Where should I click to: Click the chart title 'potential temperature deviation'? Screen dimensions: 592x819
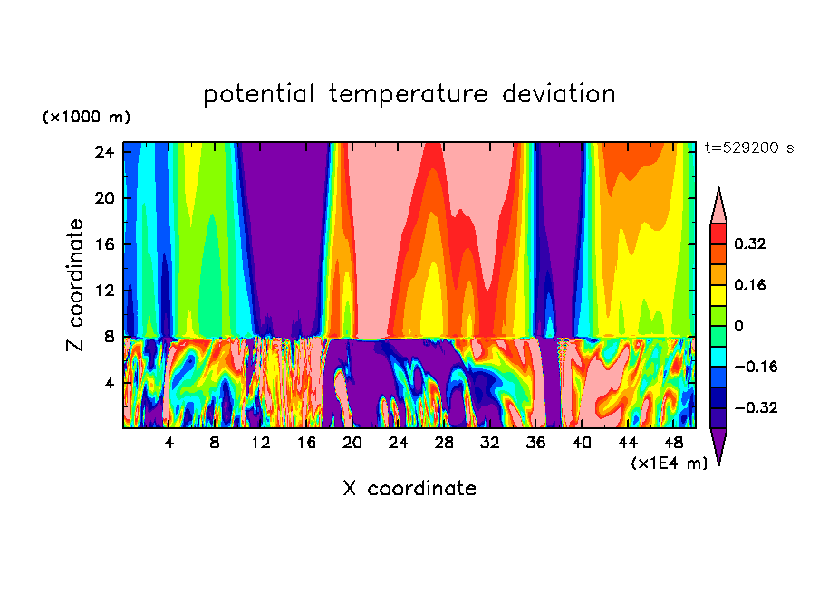[x=409, y=94]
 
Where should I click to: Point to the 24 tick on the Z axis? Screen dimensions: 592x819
[x=103, y=152]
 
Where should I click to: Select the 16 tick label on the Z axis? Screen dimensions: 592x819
[x=103, y=244]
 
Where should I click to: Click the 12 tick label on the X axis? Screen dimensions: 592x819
[x=261, y=443]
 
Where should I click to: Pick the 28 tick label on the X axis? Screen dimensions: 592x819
[x=444, y=443]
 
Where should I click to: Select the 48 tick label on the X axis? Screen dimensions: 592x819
[x=673, y=443]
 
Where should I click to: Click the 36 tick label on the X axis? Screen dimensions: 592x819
[x=535, y=443]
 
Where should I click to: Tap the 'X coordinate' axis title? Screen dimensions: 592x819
[x=409, y=489]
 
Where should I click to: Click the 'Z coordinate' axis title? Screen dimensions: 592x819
[x=76, y=285]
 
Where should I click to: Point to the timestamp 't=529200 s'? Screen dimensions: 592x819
[x=748, y=148]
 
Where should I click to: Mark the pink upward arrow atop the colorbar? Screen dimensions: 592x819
[x=719, y=205]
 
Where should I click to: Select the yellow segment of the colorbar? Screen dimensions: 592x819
[x=719, y=294]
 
